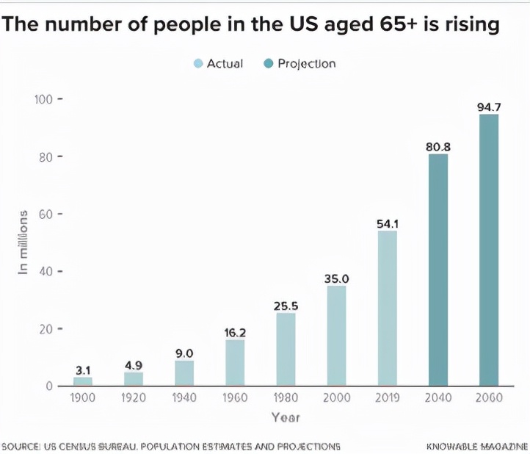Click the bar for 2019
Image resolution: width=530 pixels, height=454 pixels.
tap(387, 309)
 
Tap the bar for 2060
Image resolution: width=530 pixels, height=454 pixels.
tap(488, 250)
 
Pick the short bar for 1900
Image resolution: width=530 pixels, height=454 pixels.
tap(83, 381)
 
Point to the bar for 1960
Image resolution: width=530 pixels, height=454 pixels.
tap(235, 363)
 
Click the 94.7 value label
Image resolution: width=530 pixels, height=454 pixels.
tap(489, 107)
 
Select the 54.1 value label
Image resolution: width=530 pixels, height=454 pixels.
tap(388, 223)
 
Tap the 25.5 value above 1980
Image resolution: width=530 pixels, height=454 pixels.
tap(286, 306)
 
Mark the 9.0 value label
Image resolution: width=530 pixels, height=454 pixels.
tap(184, 353)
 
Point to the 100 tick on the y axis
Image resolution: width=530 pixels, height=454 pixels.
tap(45, 99)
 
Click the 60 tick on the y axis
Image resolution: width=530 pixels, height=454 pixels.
tap(48, 214)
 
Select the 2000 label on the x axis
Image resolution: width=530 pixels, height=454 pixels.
tap(336, 398)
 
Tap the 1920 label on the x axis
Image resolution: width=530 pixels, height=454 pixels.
tap(134, 398)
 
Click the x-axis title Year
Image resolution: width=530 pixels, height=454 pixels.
tap(286, 417)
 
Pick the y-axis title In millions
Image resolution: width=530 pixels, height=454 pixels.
tap(23, 243)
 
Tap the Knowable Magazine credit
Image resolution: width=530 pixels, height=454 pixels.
tap(477, 446)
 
